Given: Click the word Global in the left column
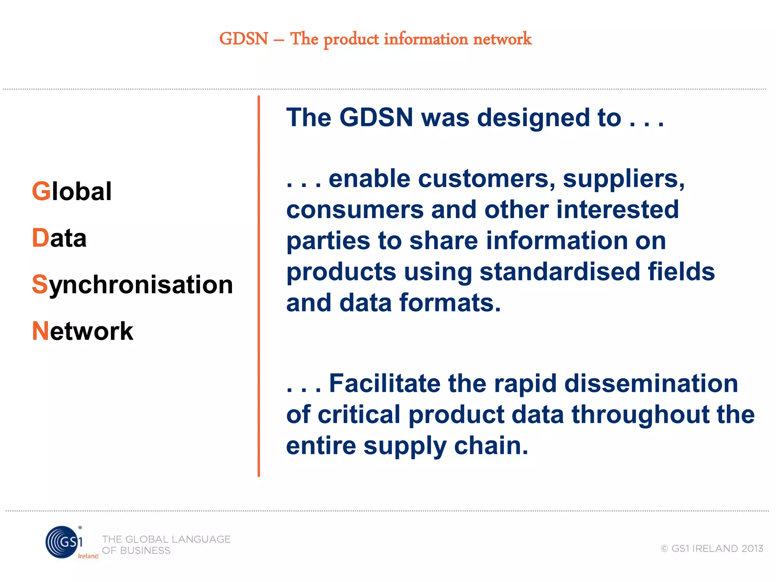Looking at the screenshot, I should click(72, 191).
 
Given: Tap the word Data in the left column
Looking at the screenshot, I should click(59, 238).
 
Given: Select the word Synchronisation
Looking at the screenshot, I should click(132, 285).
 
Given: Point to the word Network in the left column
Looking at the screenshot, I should click(83, 331).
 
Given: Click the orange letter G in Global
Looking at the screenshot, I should click(41, 191).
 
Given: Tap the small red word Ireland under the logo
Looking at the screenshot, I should click(88, 556).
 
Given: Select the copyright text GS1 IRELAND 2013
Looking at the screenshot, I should click(712, 548).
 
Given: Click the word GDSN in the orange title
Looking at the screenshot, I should click(244, 39).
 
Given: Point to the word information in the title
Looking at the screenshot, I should click(426, 39).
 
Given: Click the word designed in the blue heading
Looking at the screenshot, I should click(533, 117).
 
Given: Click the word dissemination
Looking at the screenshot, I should click(651, 383).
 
